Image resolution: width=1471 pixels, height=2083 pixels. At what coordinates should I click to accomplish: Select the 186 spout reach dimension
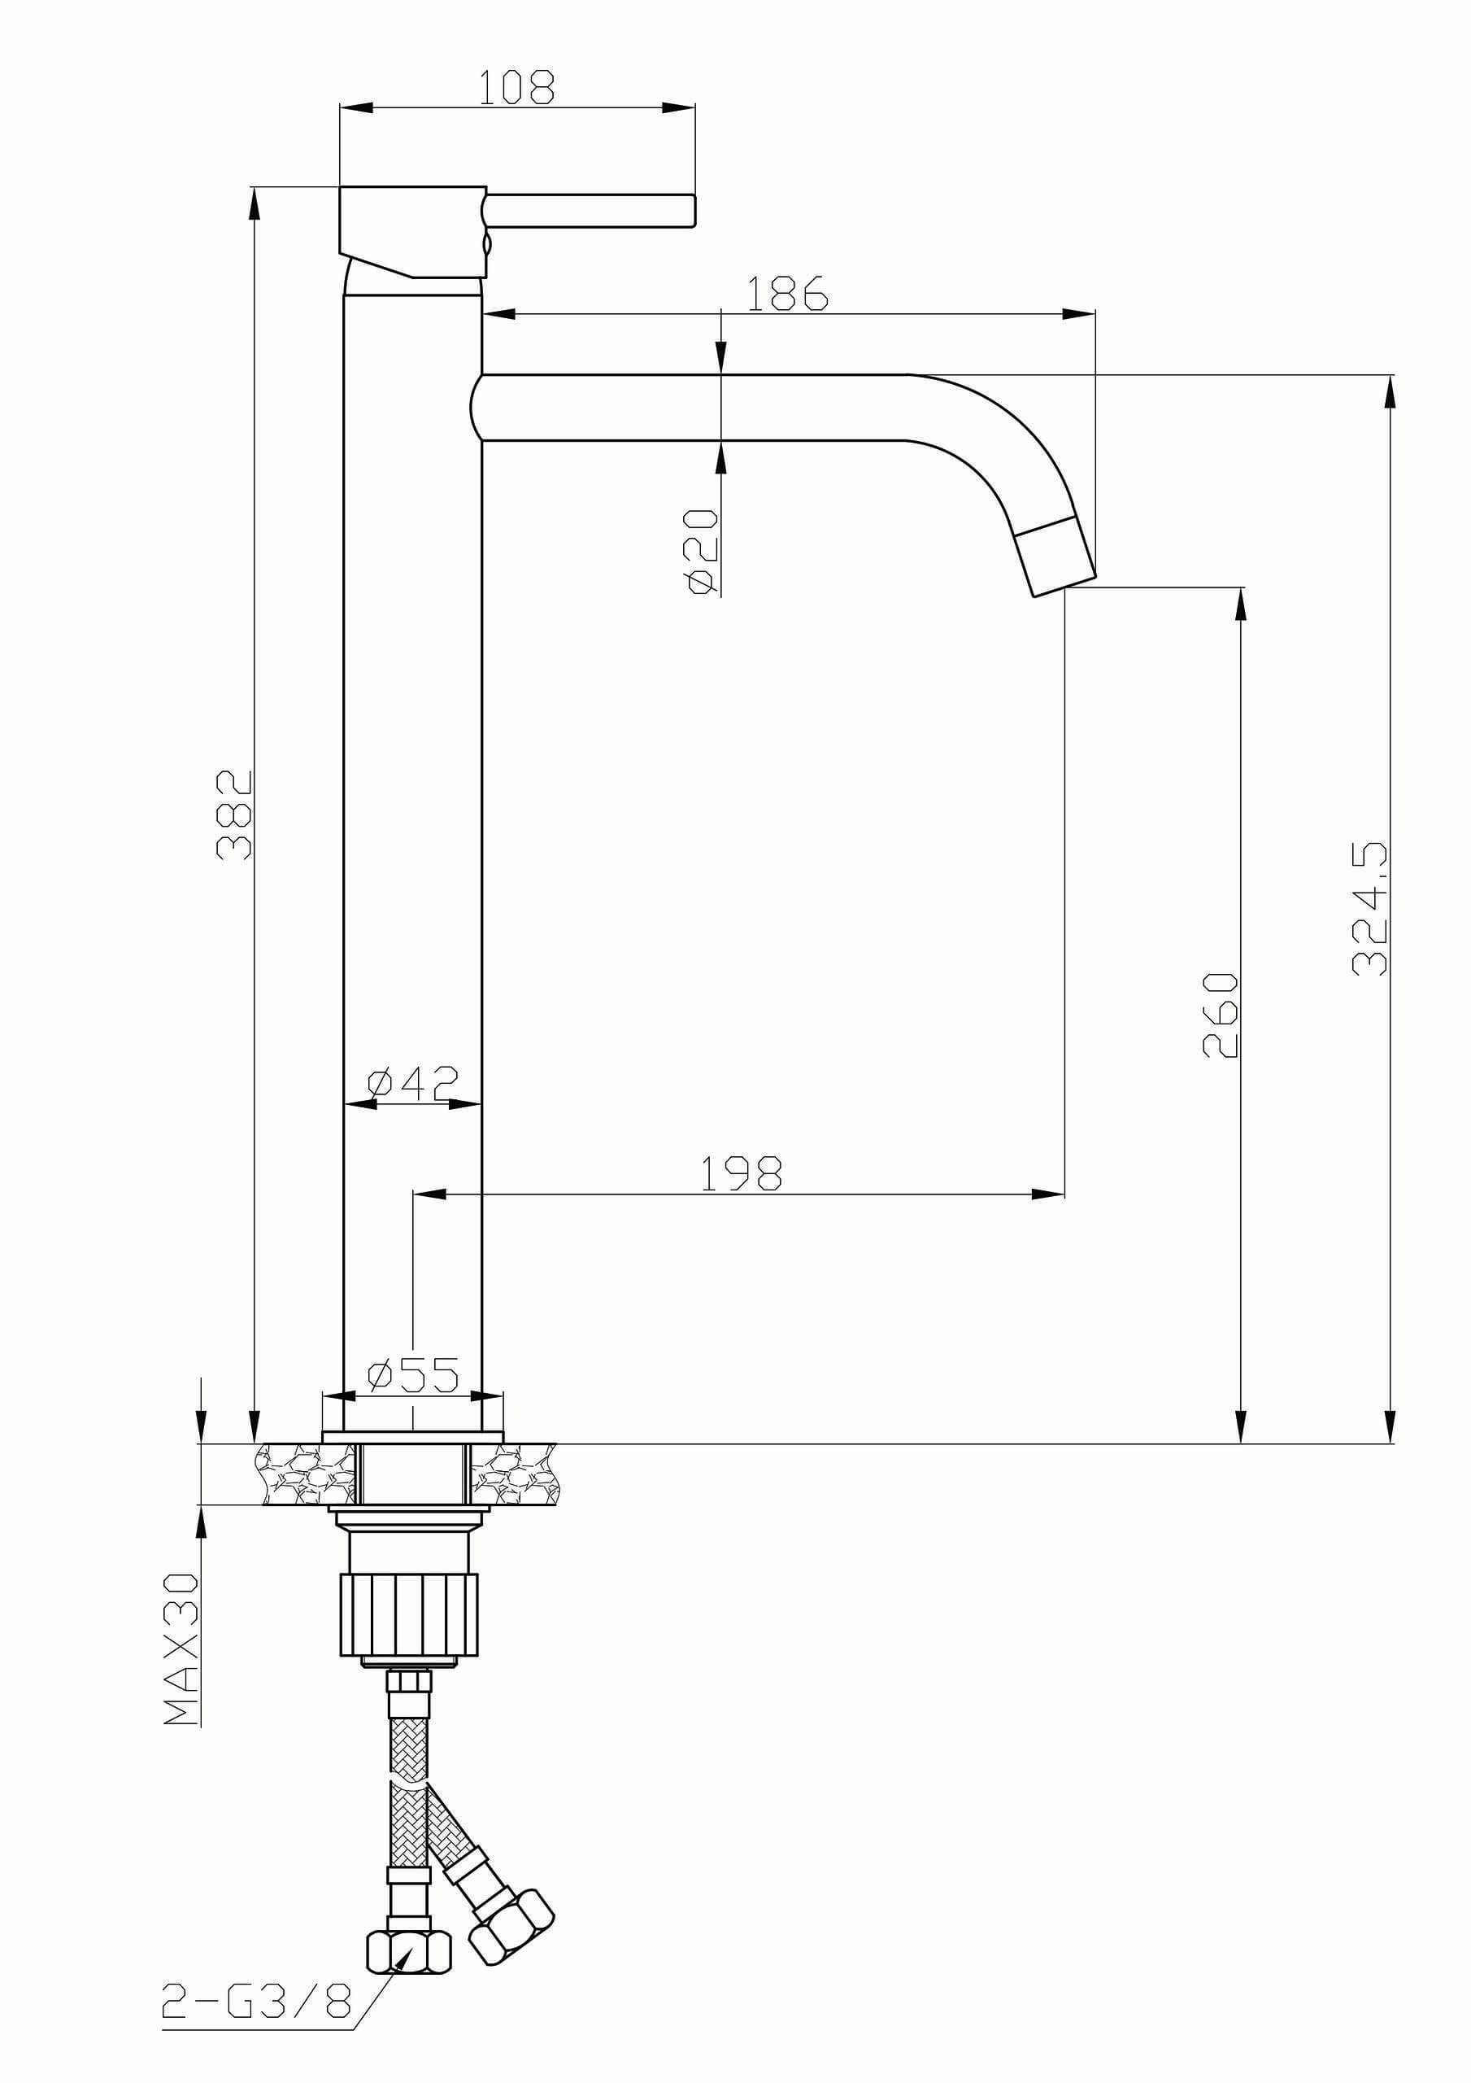[786, 293]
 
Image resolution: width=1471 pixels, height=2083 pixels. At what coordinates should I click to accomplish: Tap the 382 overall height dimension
[234, 814]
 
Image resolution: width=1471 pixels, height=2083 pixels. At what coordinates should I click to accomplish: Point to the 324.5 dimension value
[1369, 908]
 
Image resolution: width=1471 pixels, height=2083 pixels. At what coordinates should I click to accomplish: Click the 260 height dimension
[1220, 1015]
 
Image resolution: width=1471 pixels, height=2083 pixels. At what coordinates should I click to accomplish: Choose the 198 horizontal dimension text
[742, 1174]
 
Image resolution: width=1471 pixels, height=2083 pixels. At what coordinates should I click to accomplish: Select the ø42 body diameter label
[412, 1081]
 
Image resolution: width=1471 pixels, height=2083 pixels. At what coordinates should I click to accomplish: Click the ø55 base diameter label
[412, 1375]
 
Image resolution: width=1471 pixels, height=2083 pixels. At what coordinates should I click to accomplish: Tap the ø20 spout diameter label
[702, 551]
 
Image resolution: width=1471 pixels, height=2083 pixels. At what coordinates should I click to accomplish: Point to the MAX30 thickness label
[181, 1649]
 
